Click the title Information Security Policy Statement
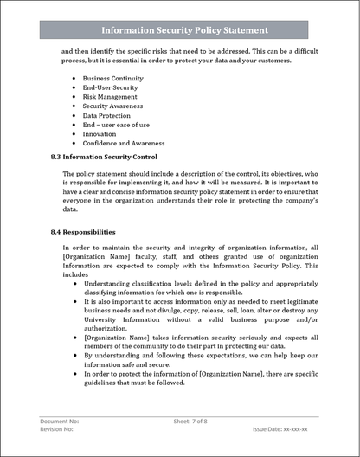[x=184, y=30]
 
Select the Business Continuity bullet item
[x=112, y=78]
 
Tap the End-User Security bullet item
[x=111, y=87]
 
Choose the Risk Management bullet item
[x=111, y=97]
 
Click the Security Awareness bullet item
[x=112, y=106]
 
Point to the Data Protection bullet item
[x=106, y=115]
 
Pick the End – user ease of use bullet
[x=116, y=125]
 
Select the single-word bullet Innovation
[x=100, y=134]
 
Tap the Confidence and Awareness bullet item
[x=124, y=144]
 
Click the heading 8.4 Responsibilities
[x=87, y=232]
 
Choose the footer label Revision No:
[x=57, y=429]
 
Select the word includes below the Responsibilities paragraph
[x=76, y=274]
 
